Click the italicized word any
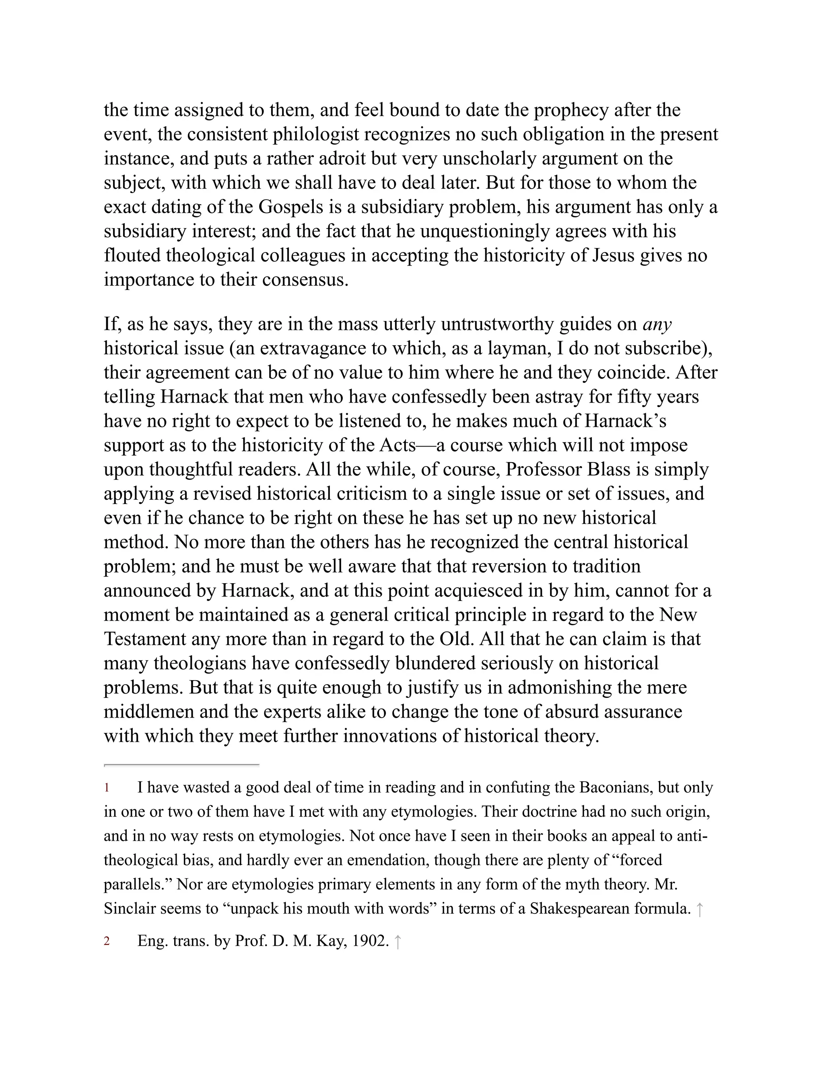coord(657,324)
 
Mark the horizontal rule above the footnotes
coord(181,765)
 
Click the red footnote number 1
coord(106,788)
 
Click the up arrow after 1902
coord(398,942)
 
